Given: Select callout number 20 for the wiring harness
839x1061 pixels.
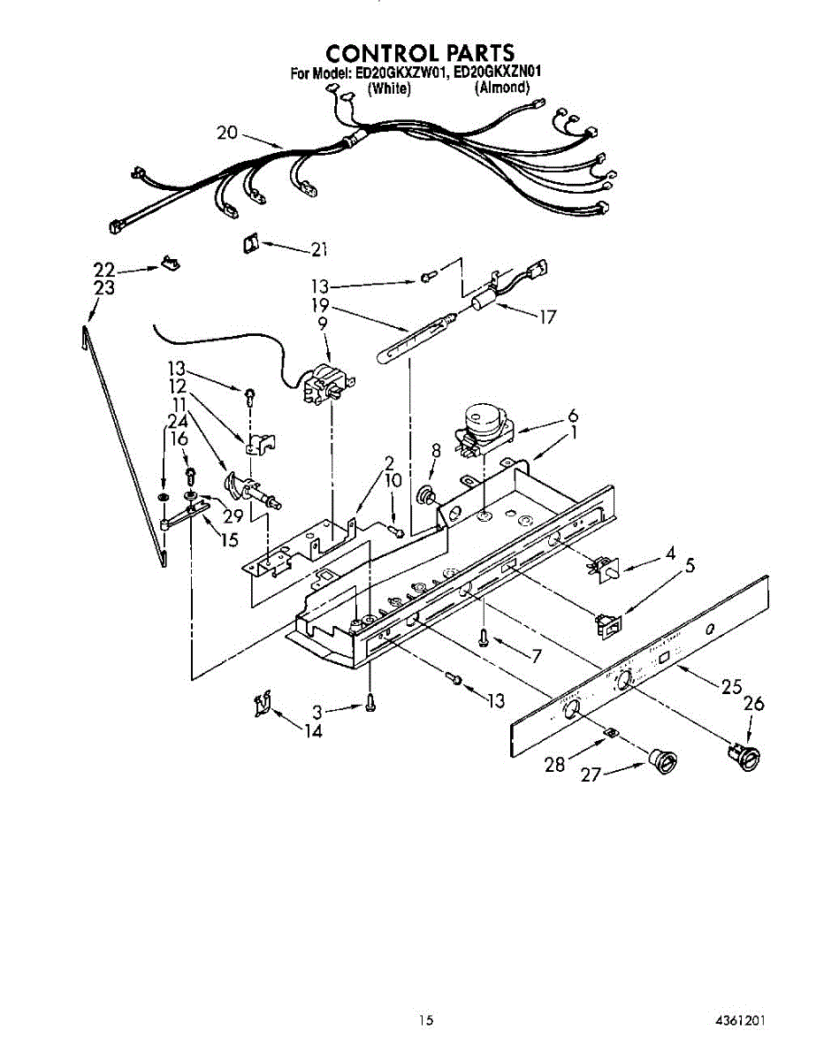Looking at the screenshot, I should pos(227,134).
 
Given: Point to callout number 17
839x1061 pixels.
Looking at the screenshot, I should pos(547,316).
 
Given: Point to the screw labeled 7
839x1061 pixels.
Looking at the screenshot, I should pos(483,635).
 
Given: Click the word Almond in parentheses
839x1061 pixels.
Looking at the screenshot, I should pos(502,88).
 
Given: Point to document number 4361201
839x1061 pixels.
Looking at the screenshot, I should pos(740,1020).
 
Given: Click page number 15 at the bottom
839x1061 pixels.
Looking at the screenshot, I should pos(427,1020).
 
